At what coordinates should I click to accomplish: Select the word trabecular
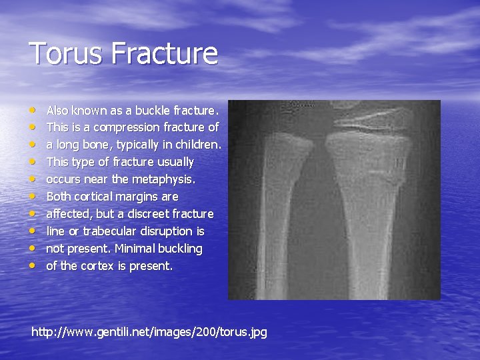(x=105, y=231)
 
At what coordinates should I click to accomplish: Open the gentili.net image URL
(x=149, y=331)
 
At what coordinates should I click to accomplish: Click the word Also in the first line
(x=58, y=109)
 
